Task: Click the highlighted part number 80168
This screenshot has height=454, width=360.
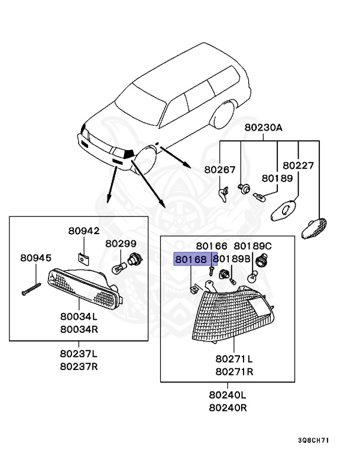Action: [191, 259]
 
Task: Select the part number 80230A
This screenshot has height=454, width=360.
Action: [263, 128]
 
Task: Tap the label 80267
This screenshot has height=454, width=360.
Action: [220, 170]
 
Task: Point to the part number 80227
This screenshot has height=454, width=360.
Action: [299, 166]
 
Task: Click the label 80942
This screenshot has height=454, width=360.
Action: [84, 231]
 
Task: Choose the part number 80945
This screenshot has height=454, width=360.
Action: [35, 258]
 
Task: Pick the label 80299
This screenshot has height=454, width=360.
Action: [121, 244]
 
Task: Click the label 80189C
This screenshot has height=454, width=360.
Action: [252, 246]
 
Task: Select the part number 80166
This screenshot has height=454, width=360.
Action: [212, 246]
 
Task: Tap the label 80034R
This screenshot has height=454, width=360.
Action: [79, 329]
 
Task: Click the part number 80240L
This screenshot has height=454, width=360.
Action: [228, 395]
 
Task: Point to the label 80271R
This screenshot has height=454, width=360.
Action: [234, 371]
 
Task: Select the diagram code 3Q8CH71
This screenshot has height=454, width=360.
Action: [314, 440]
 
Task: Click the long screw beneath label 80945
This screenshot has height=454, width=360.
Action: [31, 289]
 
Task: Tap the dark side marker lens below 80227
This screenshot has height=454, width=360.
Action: [314, 228]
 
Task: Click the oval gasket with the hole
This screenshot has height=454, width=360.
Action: [284, 210]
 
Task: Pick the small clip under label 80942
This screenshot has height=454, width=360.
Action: [84, 259]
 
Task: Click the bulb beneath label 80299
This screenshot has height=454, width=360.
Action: [119, 268]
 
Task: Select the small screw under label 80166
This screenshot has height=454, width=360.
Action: [211, 271]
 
